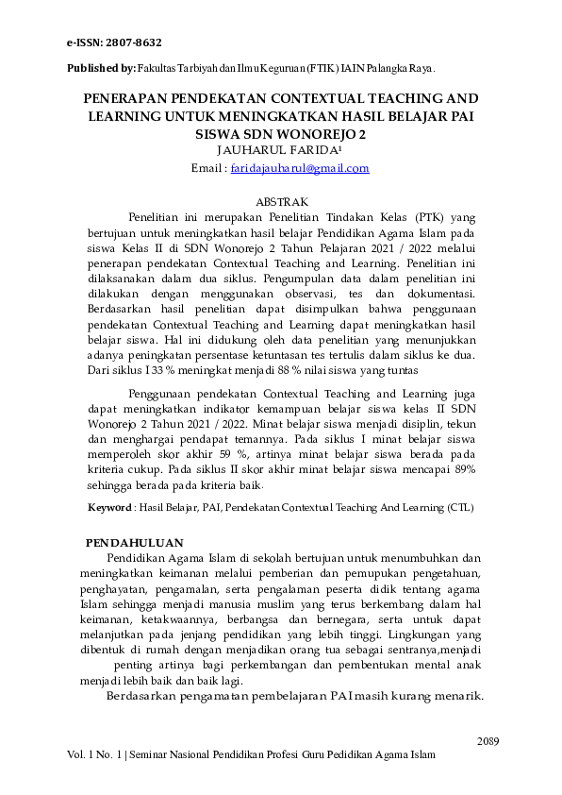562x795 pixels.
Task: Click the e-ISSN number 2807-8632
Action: [136, 43]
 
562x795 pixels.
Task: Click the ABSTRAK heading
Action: [282, 201]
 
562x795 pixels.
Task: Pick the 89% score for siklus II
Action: [461, 469]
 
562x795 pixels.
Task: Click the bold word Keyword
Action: [109, 507]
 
